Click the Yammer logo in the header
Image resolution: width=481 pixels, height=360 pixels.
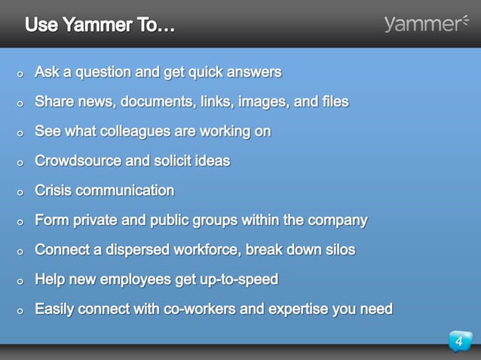[425, 24]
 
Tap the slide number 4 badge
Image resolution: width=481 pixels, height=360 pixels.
[459, 343]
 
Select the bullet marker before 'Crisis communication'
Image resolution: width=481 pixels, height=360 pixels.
[20, 192]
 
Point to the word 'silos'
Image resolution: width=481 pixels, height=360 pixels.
[336, 250]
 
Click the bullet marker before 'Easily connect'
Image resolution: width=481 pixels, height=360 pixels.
[20, 310]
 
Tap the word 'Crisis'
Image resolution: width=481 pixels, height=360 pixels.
[54, 191]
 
